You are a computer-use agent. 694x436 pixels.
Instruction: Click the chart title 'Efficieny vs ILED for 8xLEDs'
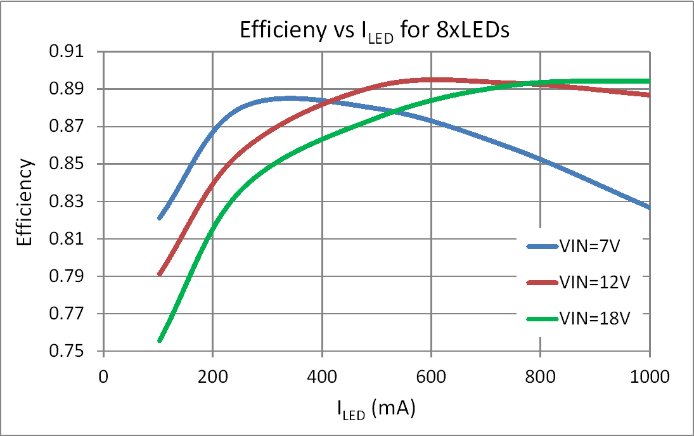[374, 32]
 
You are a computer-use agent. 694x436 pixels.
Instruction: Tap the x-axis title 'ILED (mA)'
[376, 410]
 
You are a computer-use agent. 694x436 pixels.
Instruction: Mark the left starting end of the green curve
[160, 340]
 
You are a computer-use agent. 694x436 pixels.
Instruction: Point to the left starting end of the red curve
[160, 274]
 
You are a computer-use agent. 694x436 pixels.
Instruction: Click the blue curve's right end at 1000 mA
[649, 207]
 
